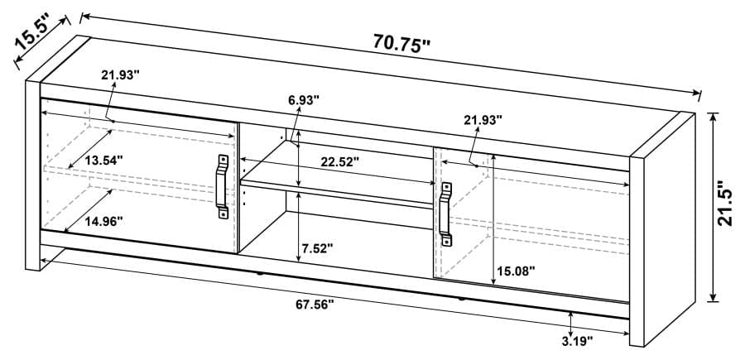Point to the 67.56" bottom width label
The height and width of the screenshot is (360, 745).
315,305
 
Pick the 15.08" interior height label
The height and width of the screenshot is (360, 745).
516,271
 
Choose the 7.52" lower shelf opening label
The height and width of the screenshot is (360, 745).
317,247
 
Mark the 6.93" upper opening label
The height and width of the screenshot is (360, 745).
304,100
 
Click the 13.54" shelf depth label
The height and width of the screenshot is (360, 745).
103,159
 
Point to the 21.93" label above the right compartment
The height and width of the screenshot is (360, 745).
483,120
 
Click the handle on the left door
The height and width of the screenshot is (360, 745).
223,186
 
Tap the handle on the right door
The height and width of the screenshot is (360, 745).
446,214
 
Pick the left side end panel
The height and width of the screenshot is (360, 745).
33,174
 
